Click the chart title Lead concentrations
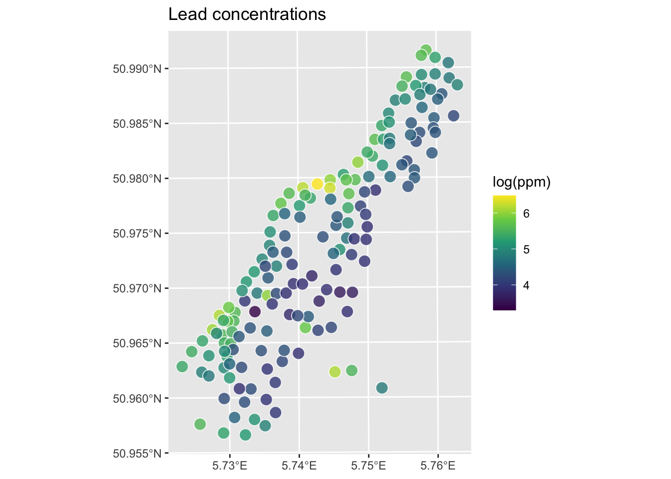coord(247,14)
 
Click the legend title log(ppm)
coord(521,183)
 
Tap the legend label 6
coord(526,214)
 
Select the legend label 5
coord(526,249)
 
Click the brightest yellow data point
coord(317,184)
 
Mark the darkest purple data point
coord(255,312)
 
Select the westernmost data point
coord(182,367)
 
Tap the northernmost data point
coord(426,50)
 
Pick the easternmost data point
coord(457,85)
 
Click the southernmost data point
coord(245,435)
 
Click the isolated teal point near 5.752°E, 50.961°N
coord(382,388)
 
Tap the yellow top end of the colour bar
coord(504,197)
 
